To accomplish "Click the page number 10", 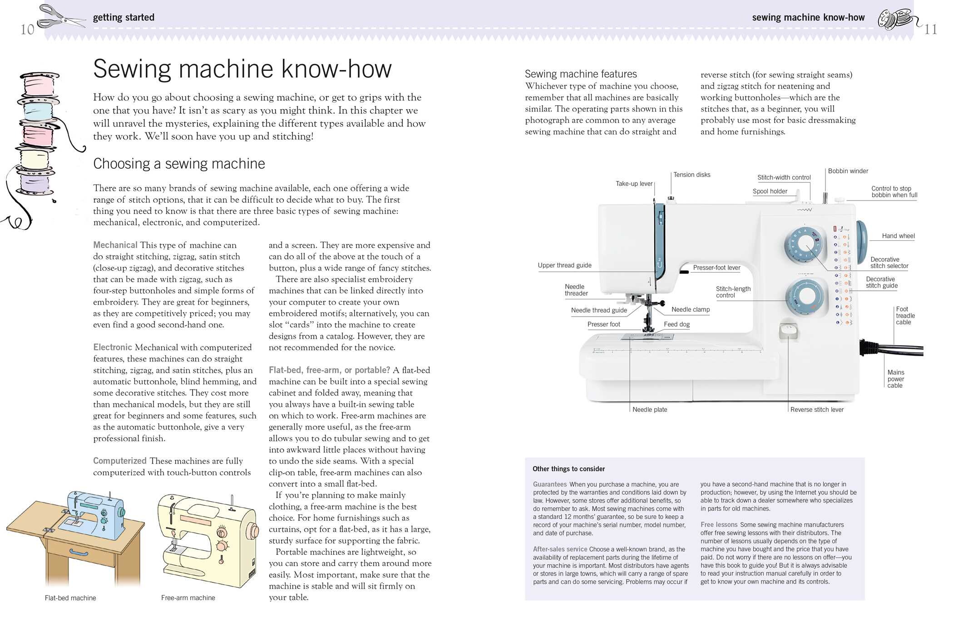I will click(27, 30).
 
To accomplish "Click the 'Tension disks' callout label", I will click(691, 175).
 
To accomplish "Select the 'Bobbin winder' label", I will click(848, 171).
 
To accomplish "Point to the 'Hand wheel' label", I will click(898, 236).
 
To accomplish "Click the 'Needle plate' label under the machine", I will click(650, 410).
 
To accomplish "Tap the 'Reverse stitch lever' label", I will click(817, 410).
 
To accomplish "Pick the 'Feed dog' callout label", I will click(677, 324).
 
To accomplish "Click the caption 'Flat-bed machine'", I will click(70, 598).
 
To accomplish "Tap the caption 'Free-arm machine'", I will click(188, 598).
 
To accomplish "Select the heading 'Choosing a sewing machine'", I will click(179, 163).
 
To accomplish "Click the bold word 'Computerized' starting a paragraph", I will click(119, 461).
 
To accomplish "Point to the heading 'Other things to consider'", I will click(568, 469).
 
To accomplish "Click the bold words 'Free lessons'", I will click(719, 524).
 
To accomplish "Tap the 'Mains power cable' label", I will click(895, 379).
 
